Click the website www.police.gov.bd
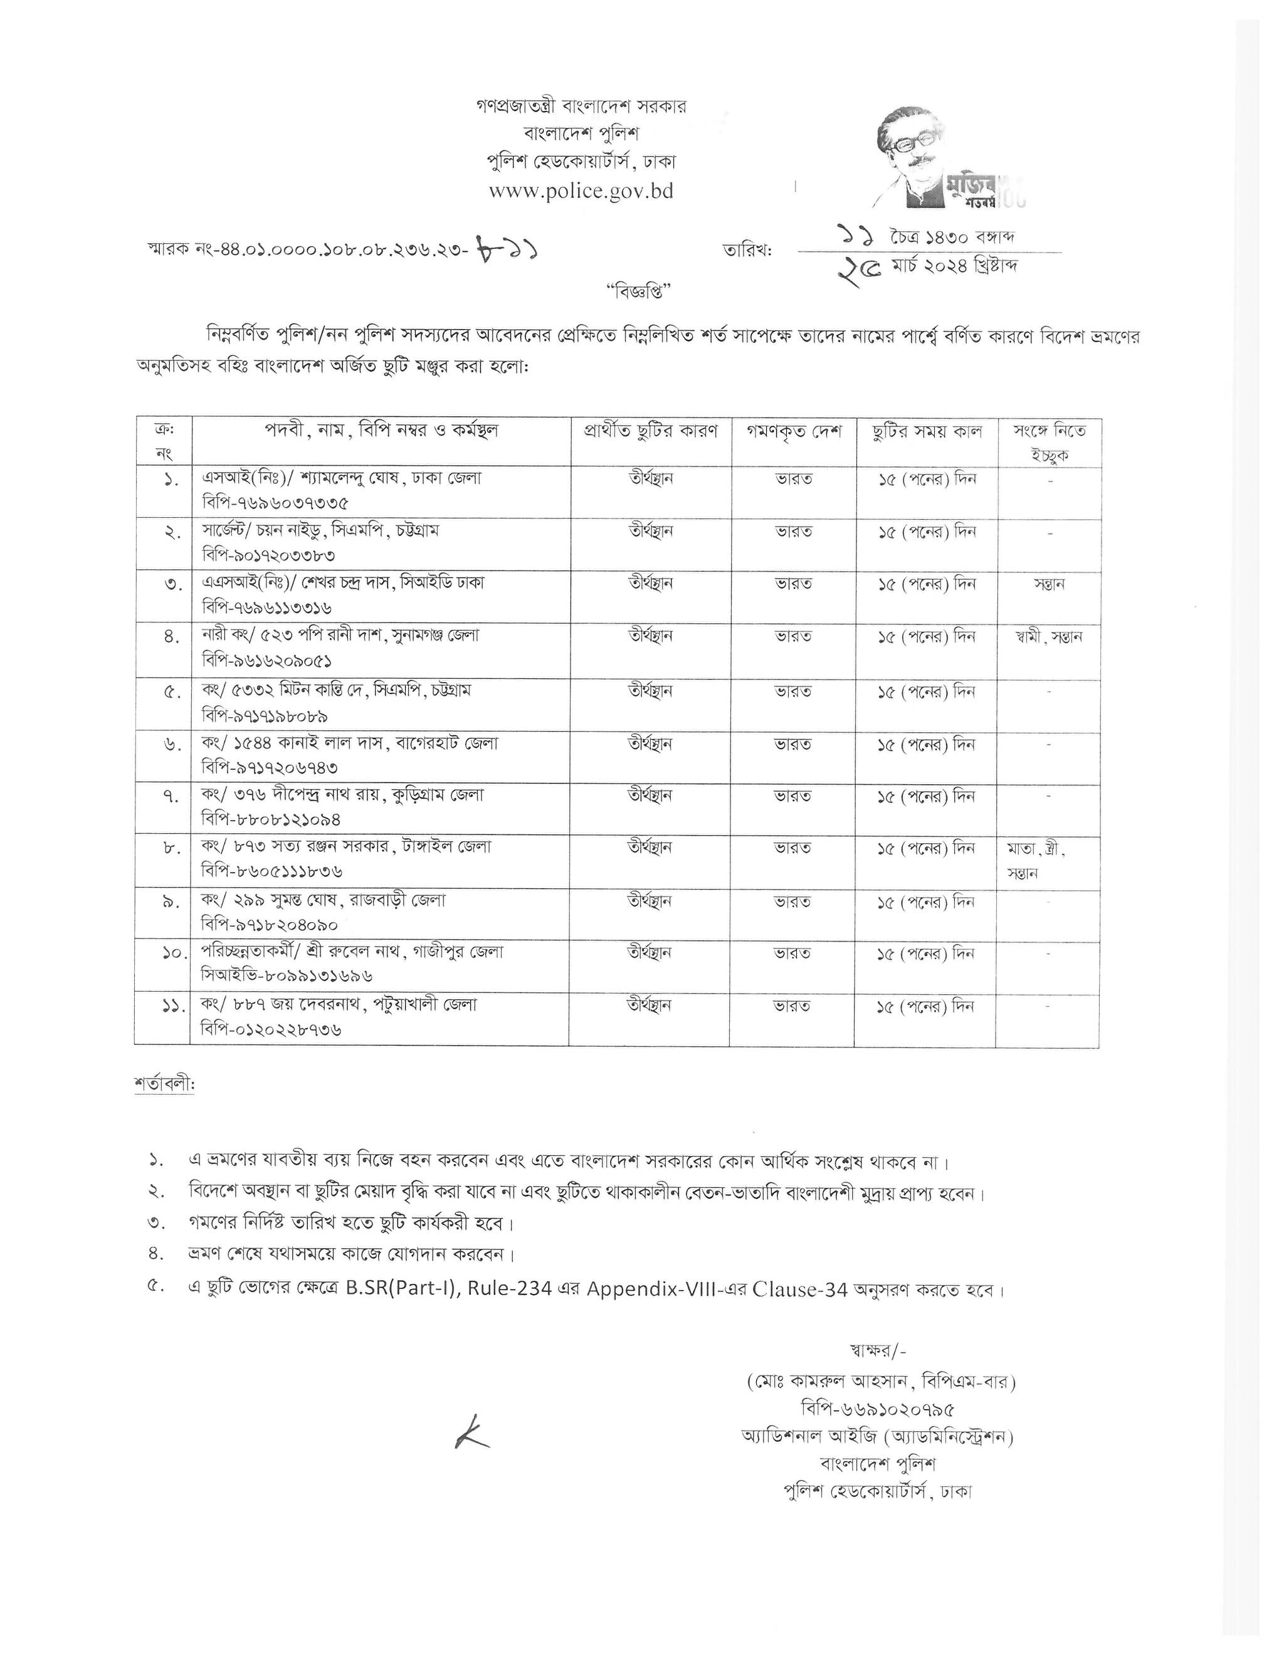[x=581, y=191]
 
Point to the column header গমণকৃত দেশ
[x=794, y=432]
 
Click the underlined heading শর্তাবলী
[x=164, y=1085]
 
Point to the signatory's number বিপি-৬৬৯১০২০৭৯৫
[x=877, y=1409]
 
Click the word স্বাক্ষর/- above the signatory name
[x=878, y=1350]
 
